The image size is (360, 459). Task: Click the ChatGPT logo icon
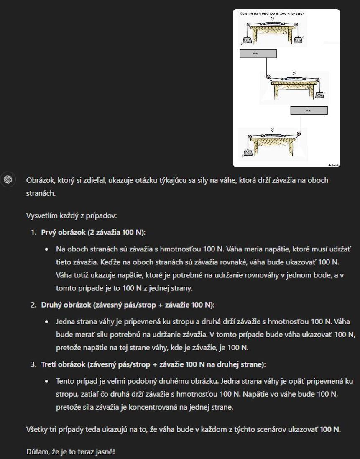pyautogui.click(x=8, y=179)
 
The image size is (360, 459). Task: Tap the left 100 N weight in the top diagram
pyautogui.click(x=247, y=40)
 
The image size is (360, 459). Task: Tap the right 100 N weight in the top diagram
pyautogui.click(x=298, y=40)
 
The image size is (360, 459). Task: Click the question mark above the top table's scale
pyautogui.click(x=273, y=18)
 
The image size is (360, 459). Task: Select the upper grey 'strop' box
pyautogui.click(x=258, y=54)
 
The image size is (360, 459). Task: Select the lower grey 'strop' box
pyautogui.click(x=309, y=110)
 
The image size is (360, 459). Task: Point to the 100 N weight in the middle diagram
pyautogui.click(x=320, y=95)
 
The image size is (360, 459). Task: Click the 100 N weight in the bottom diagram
pyautogui.click(x=248, y=153)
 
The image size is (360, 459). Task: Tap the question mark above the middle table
pyautogui.click(x=294, y=74)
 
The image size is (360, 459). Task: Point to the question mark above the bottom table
pyautogui.click(x=272, y=130)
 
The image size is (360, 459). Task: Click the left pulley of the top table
pyautogui.click(x=247, y=25)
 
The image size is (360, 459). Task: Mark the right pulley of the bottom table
pyautogui.click(x=298, y=135)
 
